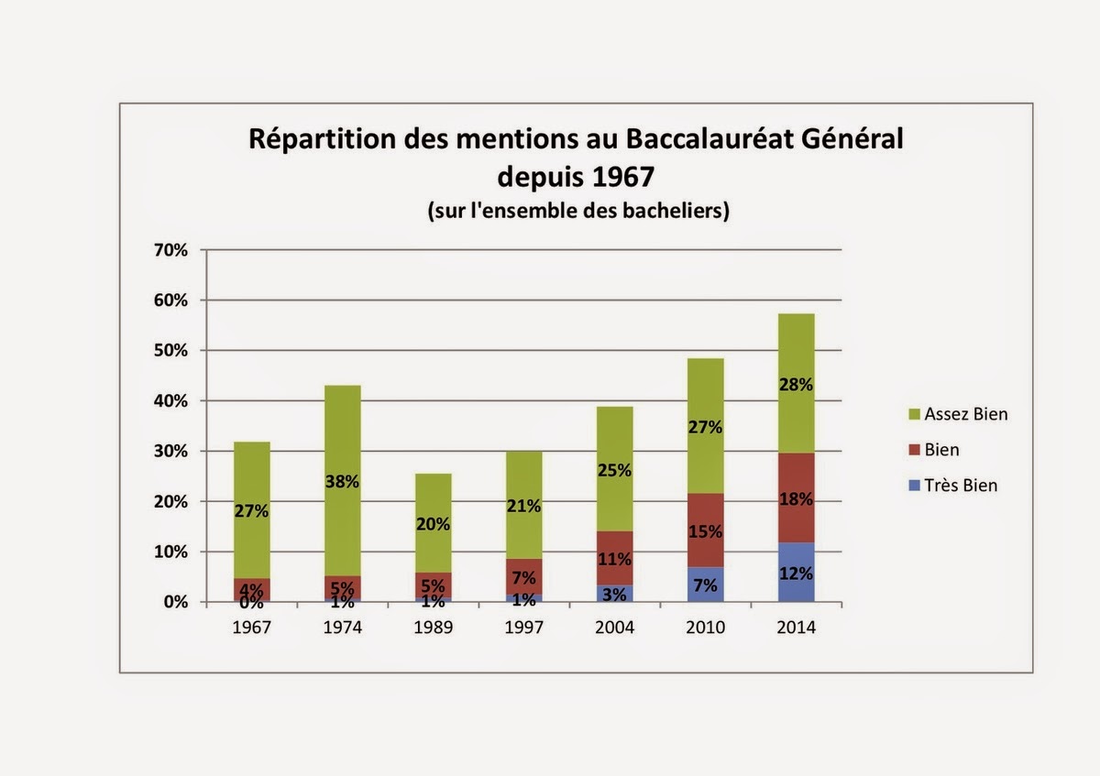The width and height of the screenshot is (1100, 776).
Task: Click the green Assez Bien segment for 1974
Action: [341, 431]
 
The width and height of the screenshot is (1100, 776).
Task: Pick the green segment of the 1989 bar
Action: [432, 495]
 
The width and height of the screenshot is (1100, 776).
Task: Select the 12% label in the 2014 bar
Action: [796, 575]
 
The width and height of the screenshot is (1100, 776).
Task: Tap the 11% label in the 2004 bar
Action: [614, 560]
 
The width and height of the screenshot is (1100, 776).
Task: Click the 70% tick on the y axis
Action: [174, 250]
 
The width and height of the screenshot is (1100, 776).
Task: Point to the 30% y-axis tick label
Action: [174, 452]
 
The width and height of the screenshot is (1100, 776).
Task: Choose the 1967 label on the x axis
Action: [250, 628]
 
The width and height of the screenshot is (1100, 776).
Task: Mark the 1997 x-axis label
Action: [523, 628]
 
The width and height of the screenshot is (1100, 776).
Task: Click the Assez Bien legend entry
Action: [964, 414]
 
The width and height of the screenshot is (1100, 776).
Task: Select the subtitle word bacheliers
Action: [674, 210]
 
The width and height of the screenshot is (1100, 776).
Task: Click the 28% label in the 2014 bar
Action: [796, 385]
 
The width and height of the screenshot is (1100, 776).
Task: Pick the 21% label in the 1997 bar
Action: [523, 506]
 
